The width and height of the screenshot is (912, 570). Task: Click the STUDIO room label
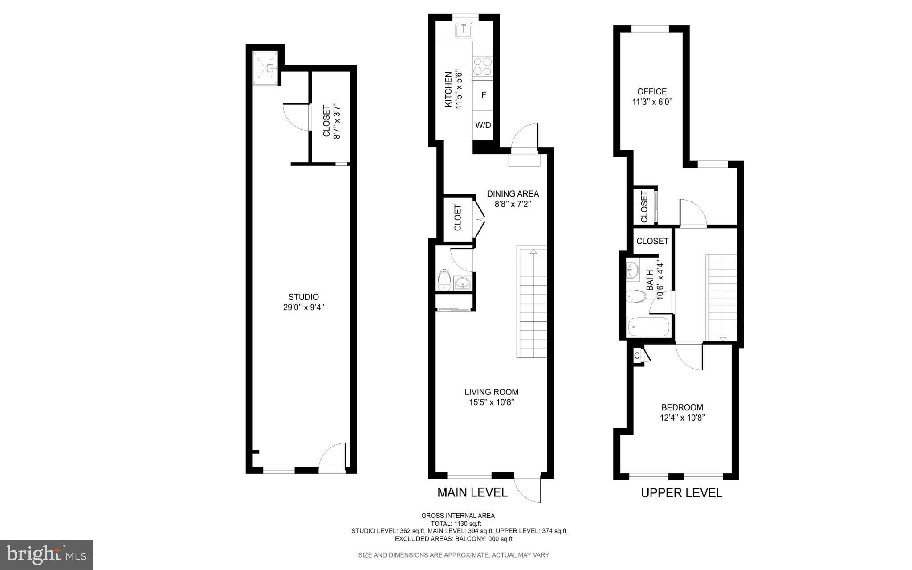coord(303,297)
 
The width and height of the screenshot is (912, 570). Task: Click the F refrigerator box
coord(483,95)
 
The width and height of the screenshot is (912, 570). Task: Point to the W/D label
coord(483,125)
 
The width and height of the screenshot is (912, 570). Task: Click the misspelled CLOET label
coord(458,217)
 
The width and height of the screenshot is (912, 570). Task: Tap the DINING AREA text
coord(513,194)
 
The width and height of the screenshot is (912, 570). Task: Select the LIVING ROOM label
coord(491,392)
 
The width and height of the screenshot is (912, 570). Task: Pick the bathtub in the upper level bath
coord(648,327)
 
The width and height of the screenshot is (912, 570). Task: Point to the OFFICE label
coord(652,92)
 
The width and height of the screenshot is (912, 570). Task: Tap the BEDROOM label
coord(682,407)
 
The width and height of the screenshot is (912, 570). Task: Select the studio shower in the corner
coord(266,68)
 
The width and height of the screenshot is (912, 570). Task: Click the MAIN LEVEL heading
coord(472,492)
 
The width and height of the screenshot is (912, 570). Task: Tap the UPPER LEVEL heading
coord(681,493)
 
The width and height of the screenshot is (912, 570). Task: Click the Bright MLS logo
coord(46,555)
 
